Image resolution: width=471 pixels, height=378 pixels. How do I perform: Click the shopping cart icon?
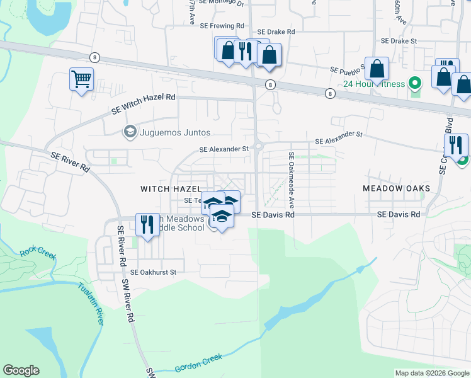pyautogui.click(x=81, y=80)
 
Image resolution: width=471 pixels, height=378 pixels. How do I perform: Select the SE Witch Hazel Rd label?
pyautogui.click(x=143, y=103)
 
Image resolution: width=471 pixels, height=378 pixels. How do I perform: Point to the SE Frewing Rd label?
pyautogui.click(x=222, y=26)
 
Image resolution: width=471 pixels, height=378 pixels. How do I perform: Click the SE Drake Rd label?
pyautogui.click(x=276, y=31)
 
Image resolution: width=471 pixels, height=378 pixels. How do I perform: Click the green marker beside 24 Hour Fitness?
pyautogui.click(x=414, y=83)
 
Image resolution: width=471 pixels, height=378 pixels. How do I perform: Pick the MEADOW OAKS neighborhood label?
pyautogui.click(x=397, y=188)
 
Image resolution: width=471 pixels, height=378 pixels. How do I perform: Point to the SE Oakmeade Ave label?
pyautogui.click(x=292, y=180)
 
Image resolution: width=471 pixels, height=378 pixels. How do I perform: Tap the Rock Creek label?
pyautogui.click(x=38, y=254)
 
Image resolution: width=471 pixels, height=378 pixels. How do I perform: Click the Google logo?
pyautogui.click(x=21, y=370)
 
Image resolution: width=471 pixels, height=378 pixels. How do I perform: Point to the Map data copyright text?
pyautogui.click(x=432, y=373)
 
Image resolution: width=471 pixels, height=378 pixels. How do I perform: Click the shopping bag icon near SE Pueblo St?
pyautogui.click(x=377, y=69)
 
